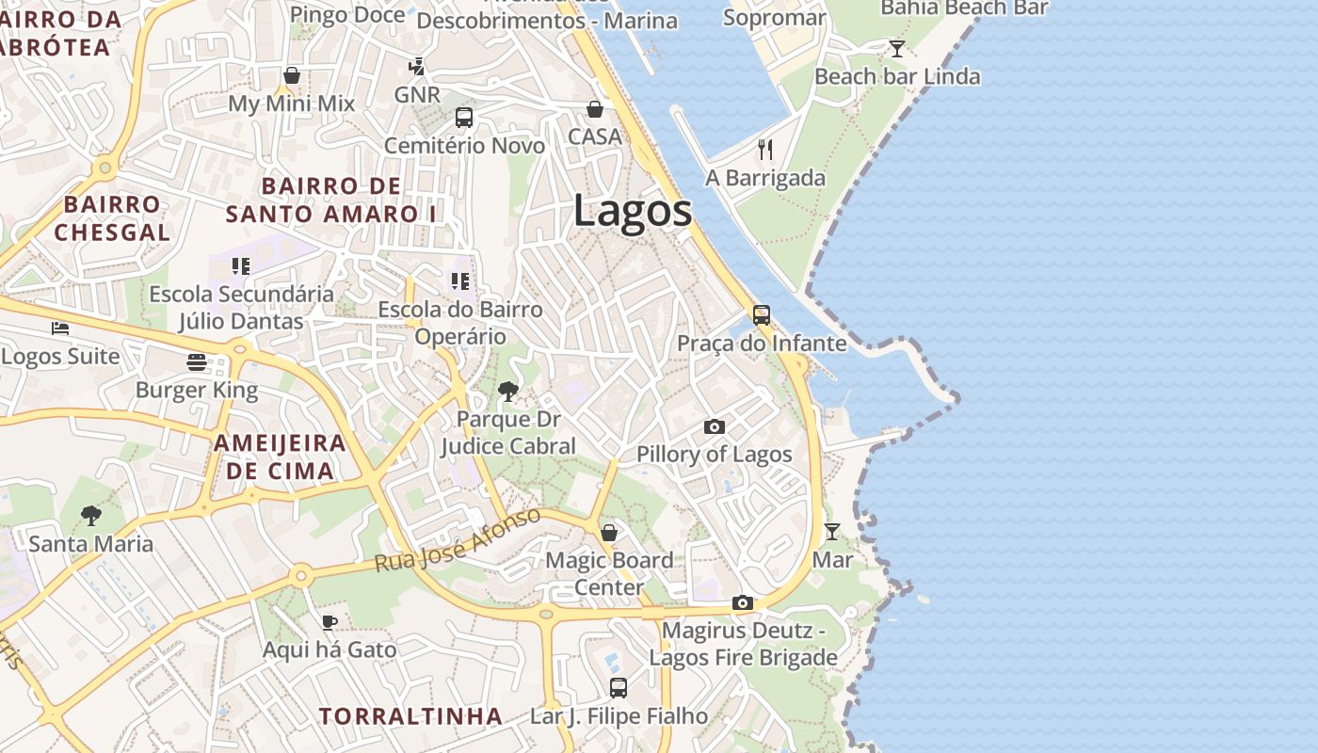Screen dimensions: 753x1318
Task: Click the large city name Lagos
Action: tap(633, 211)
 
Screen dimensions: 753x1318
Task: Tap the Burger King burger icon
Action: tap(197, 362)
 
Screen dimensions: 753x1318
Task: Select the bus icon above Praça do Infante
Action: tap(762, 315)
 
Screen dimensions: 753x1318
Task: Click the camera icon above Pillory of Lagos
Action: tap(715, 427)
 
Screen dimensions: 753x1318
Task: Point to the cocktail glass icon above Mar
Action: tap(832, 532)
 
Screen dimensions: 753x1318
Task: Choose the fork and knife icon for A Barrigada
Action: tap(765, 150)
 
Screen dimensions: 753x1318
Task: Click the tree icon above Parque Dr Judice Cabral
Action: tap(508, 391)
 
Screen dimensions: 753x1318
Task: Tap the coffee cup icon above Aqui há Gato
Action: tap(329, 622)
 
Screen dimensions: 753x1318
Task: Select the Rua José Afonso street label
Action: tap(458, 540)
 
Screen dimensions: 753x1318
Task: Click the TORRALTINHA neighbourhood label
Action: tap(410, 716)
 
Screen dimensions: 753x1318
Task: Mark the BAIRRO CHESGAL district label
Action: tap(112, 218)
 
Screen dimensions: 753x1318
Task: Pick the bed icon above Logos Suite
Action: tap(60, 328)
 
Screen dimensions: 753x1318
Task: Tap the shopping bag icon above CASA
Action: tap(595, 109)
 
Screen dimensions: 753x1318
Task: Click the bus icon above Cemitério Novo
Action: tap(464, 118)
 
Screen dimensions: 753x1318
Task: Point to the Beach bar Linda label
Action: tap(897, 76)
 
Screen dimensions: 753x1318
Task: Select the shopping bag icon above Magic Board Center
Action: tap(609, 533)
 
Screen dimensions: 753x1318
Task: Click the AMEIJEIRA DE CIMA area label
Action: tap(280, 457)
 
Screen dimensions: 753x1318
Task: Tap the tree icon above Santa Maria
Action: tap(91, 515)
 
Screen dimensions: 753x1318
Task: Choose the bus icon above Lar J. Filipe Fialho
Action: tap(619, 688)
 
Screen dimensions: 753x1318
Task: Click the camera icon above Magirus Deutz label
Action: tap(743, 602)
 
